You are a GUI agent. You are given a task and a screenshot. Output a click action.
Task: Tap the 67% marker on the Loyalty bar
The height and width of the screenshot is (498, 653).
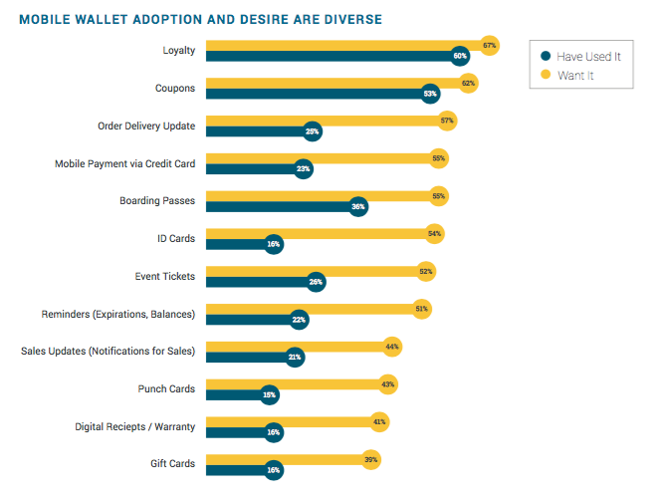(x=489, y=45)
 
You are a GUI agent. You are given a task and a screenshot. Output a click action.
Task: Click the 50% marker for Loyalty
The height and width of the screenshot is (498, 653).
(x=460, y=56)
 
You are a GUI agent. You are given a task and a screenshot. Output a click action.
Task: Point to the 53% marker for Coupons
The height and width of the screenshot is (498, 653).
(x=430, y=94)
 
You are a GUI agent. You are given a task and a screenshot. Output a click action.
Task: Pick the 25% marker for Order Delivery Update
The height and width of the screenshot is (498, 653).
(x=313, y=131)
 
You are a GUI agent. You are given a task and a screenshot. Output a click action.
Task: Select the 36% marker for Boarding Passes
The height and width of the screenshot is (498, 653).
(x=358, y=206)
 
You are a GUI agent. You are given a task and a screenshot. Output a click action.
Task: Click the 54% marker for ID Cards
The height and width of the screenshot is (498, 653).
(x=434, y=234)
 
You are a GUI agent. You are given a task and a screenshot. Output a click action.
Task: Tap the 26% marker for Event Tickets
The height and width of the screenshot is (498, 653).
(x=317, y=282)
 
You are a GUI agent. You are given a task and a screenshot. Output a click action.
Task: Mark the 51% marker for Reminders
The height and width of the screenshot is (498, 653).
(x=422, y=310)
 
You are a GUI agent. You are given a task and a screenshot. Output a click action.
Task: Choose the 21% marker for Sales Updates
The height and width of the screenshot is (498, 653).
(x=295, y=357)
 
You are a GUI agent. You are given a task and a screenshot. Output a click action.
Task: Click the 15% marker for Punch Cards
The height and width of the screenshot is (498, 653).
(x=269, y=394)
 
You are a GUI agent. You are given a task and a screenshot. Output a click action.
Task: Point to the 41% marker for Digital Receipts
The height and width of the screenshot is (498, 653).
(x=379, y=422)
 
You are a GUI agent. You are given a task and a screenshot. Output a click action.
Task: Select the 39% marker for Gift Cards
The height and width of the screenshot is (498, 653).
(x=371, y=459)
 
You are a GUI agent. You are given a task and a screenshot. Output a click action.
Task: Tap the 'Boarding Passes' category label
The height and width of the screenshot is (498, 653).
(x=157, y=200)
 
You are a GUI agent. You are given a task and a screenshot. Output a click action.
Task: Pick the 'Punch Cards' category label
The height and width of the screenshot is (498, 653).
(x=166, y=388)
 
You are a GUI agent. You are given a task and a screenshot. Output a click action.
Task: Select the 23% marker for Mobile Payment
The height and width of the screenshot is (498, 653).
(x=304, y=169)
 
